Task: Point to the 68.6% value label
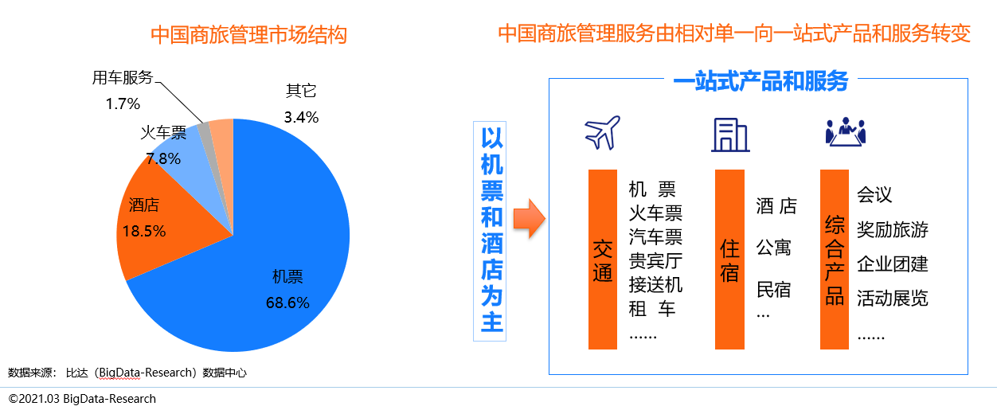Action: pos(287,303)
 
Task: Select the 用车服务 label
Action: pos(122,77)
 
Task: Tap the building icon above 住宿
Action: pos(729,135)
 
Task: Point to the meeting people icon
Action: pos(845,132)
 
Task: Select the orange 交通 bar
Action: pos(603,260)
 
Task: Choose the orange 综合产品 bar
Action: pos(835,260)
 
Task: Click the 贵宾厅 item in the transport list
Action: pos(655,261)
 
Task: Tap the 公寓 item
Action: pos(773,248)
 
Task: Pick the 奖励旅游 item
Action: pos(892,230)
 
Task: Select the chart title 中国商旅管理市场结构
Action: pos(248,35)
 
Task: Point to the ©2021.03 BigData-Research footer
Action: pos(82,398)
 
